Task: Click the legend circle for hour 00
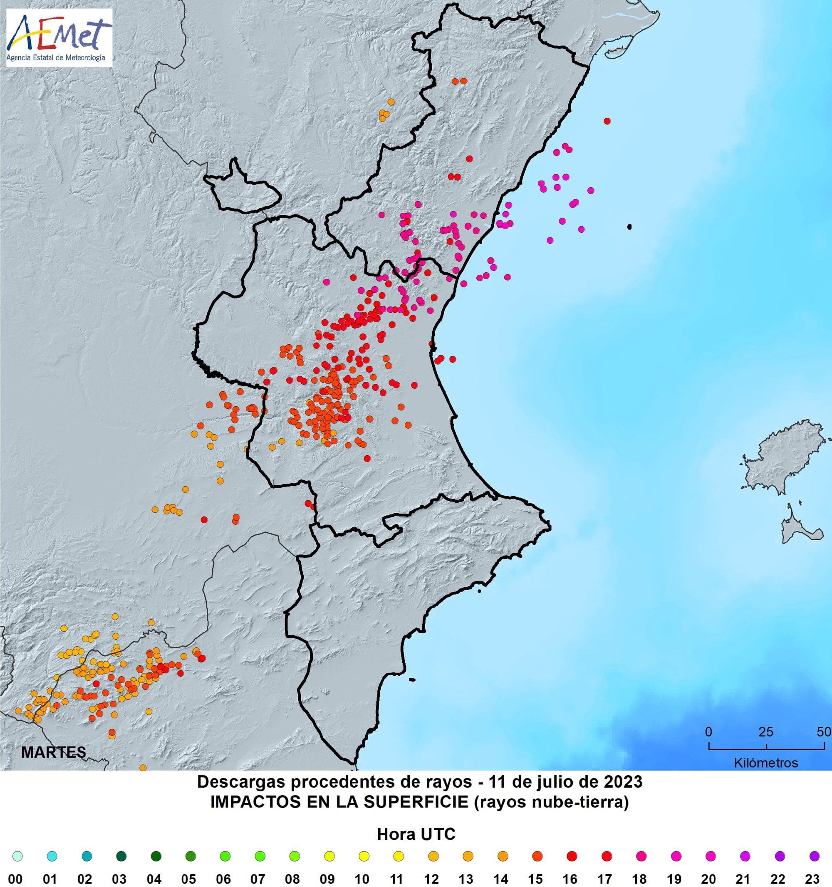pos(17,856)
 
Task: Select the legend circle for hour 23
pos(814,856)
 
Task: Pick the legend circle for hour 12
pos(433,856)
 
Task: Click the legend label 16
pos(570,879)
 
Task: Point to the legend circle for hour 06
pos(225,856)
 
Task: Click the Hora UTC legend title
pos(416,834)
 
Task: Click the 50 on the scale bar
pos(824,732)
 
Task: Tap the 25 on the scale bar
pos(766,732)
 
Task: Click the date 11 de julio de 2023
pos(565,782)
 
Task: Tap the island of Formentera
pos(799,531)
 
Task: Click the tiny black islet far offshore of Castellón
pos(629,227)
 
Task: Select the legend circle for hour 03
pos(121,856)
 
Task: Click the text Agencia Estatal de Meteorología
pos(56,57)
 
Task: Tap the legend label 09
pos(327,879)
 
